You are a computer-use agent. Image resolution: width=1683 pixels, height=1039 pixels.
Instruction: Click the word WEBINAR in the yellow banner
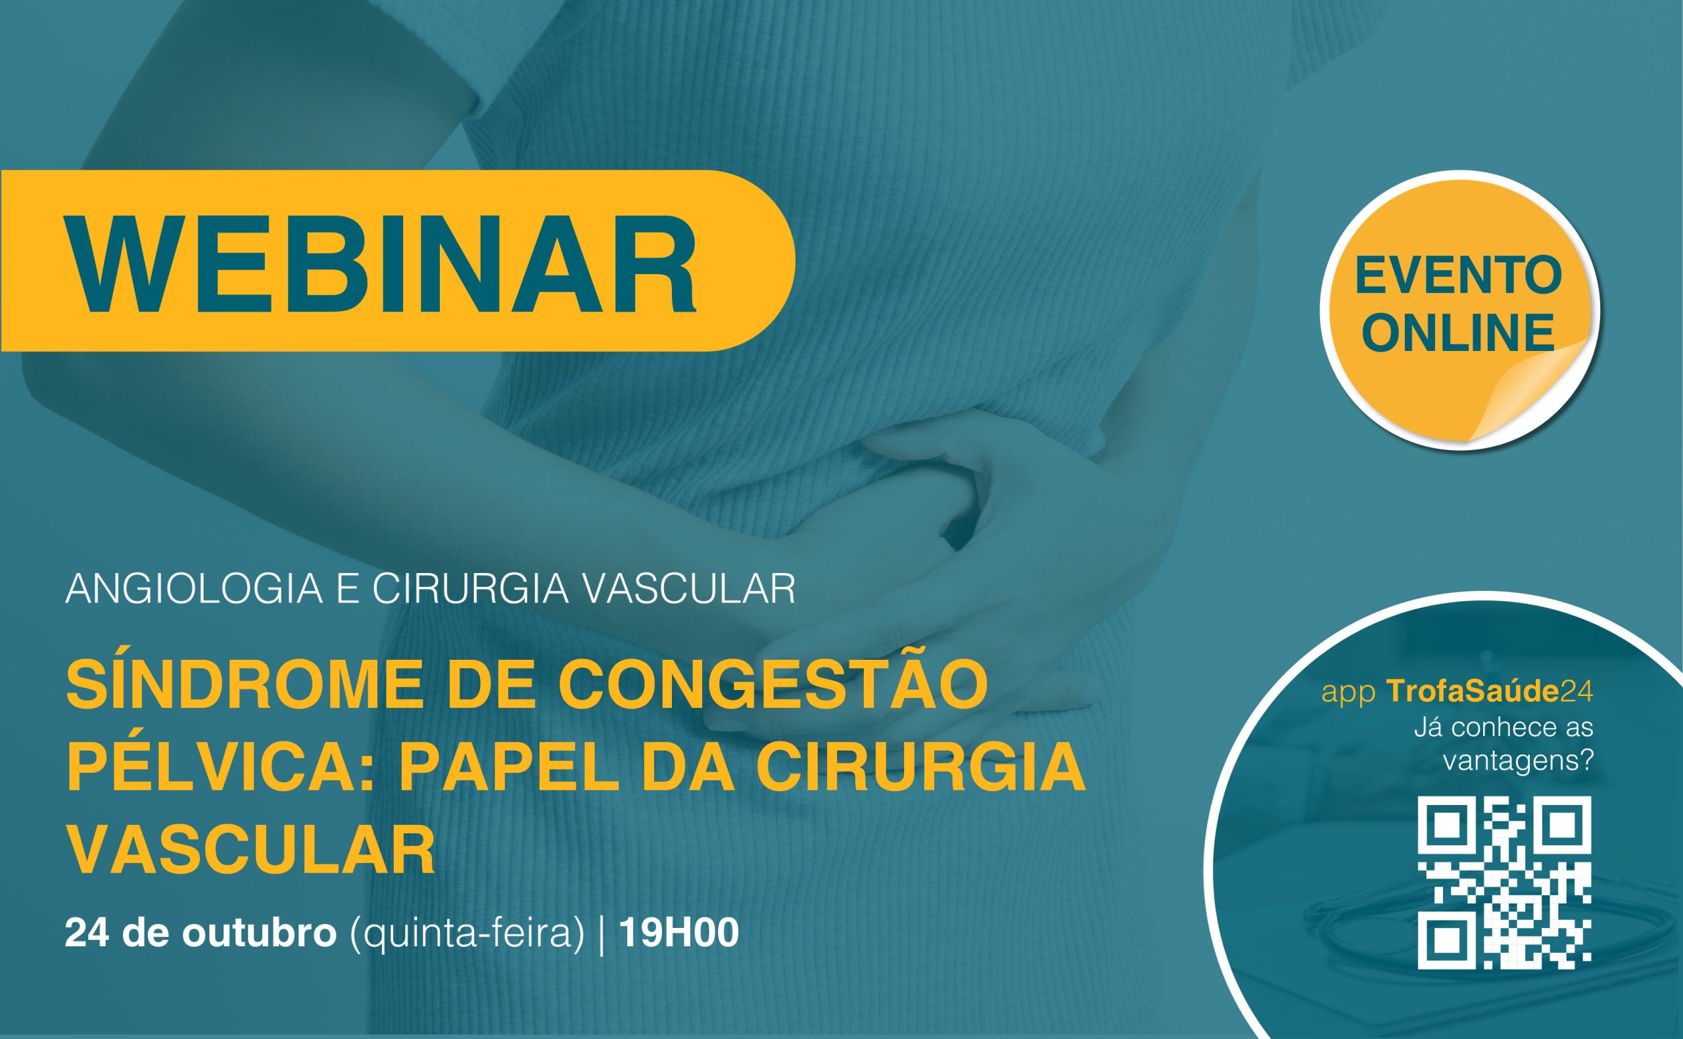[x=381, y=266]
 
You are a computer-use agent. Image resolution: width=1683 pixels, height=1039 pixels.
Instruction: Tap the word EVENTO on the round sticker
[x=1458, y=277]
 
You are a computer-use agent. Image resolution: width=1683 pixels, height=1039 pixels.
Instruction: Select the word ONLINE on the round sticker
[x=1458, y=333]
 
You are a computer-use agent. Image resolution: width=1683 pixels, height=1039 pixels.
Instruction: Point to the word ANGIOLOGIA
[x=194, y=589]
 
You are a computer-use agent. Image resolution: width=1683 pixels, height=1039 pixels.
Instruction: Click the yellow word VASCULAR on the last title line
[x=251, y=849]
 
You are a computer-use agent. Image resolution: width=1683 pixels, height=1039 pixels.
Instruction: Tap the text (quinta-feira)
[x=467, y=935]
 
